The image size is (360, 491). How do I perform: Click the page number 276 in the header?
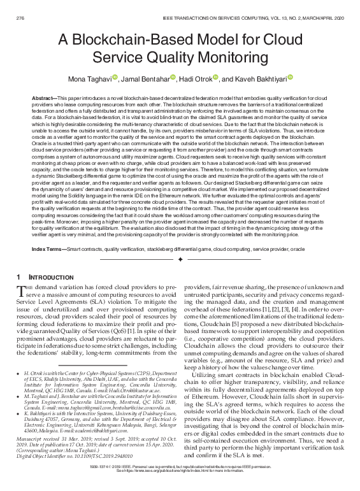(x=20, y=6)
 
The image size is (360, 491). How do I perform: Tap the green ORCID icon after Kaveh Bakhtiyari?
(x=290, y=77)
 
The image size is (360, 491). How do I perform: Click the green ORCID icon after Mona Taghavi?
(x=115, y=77)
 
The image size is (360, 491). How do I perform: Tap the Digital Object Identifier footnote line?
(x=61, y=457)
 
